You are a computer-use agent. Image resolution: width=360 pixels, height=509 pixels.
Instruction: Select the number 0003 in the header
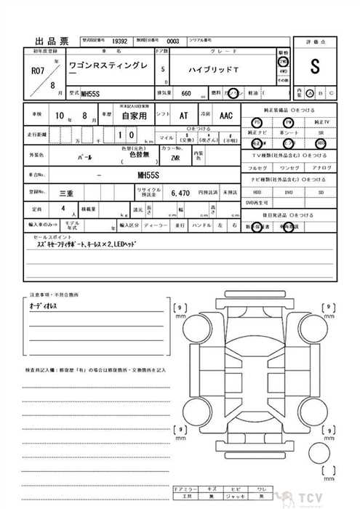click(172, 41)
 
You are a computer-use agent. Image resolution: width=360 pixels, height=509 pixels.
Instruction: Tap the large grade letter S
click(314, 68)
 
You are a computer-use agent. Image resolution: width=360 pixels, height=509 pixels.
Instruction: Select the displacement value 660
click(186, 94)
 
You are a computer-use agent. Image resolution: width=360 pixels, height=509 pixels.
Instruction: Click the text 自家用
click(134, 116)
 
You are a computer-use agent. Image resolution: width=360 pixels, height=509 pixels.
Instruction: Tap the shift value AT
click(183, 116)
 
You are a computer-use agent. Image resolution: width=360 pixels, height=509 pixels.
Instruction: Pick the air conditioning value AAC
click(226, 116)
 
